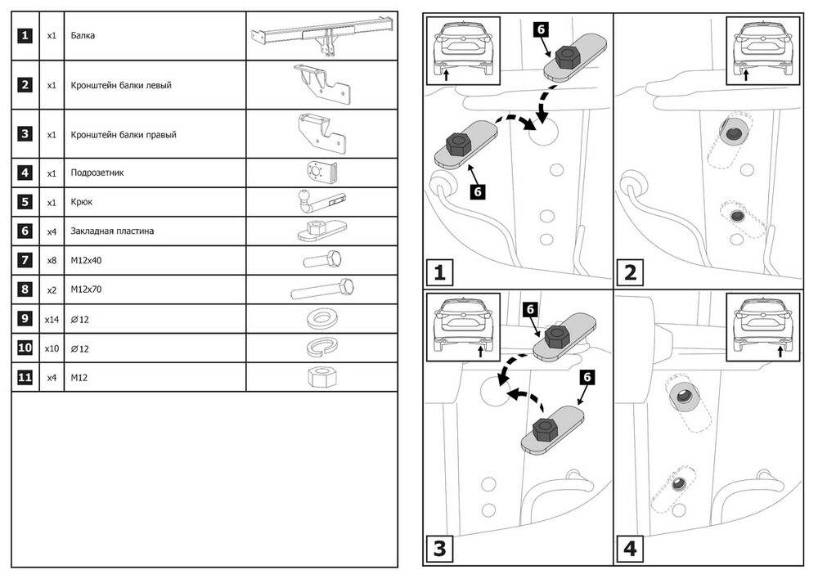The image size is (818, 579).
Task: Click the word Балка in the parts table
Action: (x=83, y=37)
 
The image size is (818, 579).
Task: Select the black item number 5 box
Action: (x=26, y=202)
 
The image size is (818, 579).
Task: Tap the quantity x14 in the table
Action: (x=52, y=319)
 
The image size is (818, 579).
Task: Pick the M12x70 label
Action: (x=86, y=289)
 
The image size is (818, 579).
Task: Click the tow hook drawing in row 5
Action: (x=319, y=201)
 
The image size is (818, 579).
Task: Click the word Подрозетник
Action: (x=97, y=173)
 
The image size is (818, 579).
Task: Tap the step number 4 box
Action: (x=631, y=548)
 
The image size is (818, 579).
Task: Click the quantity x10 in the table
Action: (x=52, y=348)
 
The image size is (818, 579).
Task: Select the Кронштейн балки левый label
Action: (x=121, y=85)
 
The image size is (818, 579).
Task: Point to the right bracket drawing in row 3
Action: (x=323, y=134)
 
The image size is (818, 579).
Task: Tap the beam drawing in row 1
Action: (x=320, y=37)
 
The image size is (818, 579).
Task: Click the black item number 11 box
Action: (x=26, y=377)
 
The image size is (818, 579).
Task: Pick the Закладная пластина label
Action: (x=112, y=231)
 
